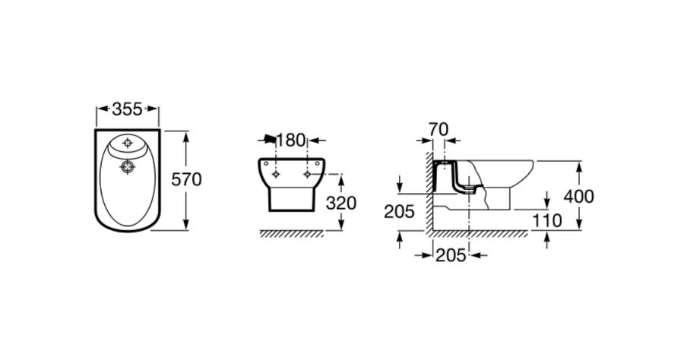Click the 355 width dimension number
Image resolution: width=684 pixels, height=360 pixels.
pyautogui.click(x=127, y=109)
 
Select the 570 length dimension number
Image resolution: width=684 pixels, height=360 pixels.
pyautogui.click(x=186, y=179)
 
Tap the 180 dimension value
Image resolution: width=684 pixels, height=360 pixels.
pyautogui.click(x=290, y=141)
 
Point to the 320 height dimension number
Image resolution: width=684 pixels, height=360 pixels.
pyautogui.click(x=341, y=203)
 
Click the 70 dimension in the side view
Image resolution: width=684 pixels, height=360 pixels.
pyautogui.click(x=439, y=129)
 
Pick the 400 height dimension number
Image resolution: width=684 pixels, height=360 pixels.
pyautogui.click(x=578, y=197)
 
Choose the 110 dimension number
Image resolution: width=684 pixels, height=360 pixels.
pyautogui.click(x=547, y=221)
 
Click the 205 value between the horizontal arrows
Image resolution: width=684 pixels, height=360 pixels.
pyautogui.click(x=451, y=255)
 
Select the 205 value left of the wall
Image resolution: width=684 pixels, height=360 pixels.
pyautogui.click(x=399, y=211)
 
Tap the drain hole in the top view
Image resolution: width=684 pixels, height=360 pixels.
pyautogui.click(x=128, y=167)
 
